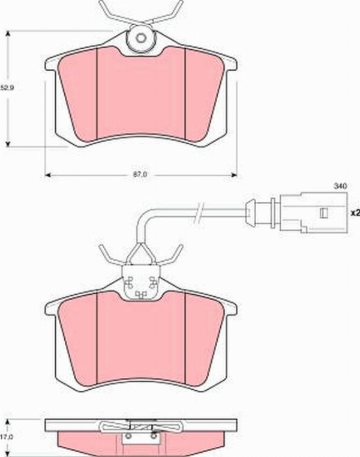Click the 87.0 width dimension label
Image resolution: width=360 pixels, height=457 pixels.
pyautogui.click(x=140, y=175)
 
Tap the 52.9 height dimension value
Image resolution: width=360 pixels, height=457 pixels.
pyautogui.click(x=7, y=88)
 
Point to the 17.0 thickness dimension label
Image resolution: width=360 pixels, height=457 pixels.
pyautogui.click(x=6, y=437)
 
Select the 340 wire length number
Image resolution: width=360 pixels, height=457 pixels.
pyautogui.click(x=340, y=186)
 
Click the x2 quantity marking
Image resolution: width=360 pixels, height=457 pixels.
pyautogui.click(x=355, y=213)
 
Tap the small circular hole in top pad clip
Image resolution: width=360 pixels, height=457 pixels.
pyautogui.click(x=140, y=38)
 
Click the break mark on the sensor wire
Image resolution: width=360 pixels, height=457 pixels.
pyautogui.click(x=199, y=213)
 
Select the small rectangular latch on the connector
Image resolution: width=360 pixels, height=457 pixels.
pyautogui.click(x=323, y=213)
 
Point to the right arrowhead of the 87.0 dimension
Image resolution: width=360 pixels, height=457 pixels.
pyautogui.click(x=234, y=175)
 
